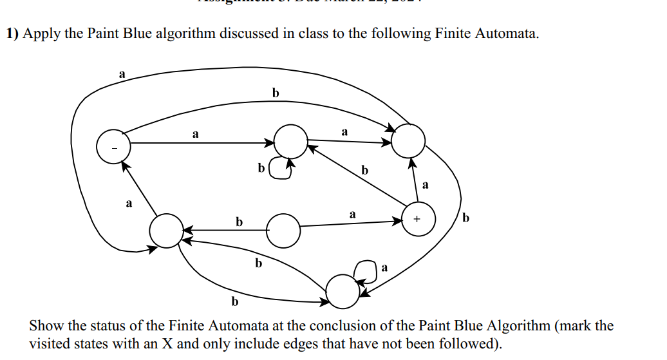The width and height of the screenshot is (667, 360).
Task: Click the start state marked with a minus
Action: pyautogui.click(x=113, y=147)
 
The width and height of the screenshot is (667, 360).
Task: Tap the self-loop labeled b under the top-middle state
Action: pyautogui.click(x=279, y=169)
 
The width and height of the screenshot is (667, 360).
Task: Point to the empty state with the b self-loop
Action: pyautogui.click(x=291, y=140)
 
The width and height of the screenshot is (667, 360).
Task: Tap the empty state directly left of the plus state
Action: pyautogui.click(x=283, y=231)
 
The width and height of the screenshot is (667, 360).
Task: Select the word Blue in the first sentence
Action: pyautogui.click(x=127, y=33)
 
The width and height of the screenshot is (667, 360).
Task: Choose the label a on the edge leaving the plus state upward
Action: pyautogui.click(x=425, y=185)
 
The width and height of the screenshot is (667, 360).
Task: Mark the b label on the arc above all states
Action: pyautogui.click(x=276, y=93)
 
